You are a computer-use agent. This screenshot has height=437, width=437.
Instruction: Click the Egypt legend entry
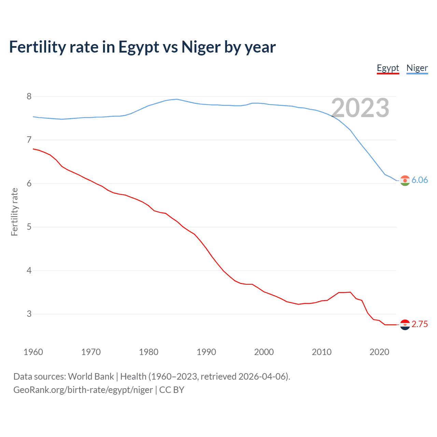pyautogui.click(x=388, y=68)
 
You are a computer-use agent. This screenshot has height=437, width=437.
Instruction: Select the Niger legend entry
pyautogui.click(x=417, y=68)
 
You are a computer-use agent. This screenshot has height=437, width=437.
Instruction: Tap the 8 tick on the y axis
pyautogui.click(x=29, y=96)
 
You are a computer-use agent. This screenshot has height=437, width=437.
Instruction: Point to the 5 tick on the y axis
pyautogui.click(x=29, y=227)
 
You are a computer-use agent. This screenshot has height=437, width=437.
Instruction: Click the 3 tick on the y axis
pyautogui.click(x=29, y=314)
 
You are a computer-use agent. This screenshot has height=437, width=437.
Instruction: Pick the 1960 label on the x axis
pyautogui.click(x=33, y=352)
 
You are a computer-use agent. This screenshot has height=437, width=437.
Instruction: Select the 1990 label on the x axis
pyautogui.click(x=206, y=352)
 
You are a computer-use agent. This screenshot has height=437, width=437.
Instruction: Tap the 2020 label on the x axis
pyautogui.click(x=379, y=352)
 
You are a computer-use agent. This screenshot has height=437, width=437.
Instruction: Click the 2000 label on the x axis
pyautogui.click(x=264, y=352)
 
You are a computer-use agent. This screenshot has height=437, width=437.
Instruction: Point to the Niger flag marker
pyautogui.click(x=405, y=181)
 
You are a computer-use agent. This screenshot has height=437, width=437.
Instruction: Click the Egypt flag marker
pyautogui.click(x=405, y=325)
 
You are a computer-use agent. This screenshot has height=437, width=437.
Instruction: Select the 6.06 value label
pyautogui.click(x=420, y=180)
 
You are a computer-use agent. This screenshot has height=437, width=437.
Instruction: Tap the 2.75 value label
pyautogui.click(x=420, y=324)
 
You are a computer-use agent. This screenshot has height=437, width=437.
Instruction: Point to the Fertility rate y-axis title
pyautogui.click(x=14, y=212)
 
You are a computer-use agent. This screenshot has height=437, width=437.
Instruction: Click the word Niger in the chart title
pyautogui.click(x=201, y=47)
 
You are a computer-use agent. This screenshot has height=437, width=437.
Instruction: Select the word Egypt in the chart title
pyautogui.click(x=139, y=47)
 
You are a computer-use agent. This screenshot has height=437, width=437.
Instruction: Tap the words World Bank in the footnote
pyautogui.click(x=91, y=377)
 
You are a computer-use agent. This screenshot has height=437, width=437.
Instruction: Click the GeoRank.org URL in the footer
pyautogui.click(x=83, y=390)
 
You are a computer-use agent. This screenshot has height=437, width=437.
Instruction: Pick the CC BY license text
pyautogui.click(x=172, y=390)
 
